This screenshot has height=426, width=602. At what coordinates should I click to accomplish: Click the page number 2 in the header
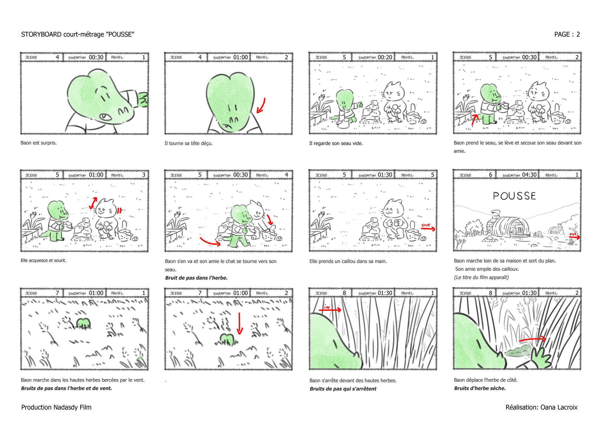[578, 35]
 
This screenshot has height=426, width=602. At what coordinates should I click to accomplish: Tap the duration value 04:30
[529, 175]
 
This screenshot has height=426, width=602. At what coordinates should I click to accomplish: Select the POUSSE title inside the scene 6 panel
[514, 196]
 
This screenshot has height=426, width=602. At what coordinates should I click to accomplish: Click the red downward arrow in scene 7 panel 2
[240, 323]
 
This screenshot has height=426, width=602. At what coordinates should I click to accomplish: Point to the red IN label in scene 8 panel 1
[327, 307]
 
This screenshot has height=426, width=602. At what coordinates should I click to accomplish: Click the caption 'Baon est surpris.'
[39, 143]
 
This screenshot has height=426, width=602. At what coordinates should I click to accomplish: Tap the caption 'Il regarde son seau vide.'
[336, 143]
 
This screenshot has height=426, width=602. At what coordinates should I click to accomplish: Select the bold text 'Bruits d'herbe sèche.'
[480, 388]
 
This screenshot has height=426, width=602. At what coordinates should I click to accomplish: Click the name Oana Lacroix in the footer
[559, 407]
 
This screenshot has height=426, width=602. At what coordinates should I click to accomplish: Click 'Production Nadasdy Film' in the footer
[56, 407]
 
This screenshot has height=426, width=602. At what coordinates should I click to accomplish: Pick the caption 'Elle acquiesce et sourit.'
[43, 260]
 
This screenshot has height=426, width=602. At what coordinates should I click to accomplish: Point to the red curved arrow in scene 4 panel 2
[261, 105]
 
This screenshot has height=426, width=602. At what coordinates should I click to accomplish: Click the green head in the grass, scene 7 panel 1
[83, 323]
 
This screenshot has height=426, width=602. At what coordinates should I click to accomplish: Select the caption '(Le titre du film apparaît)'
[481, 277]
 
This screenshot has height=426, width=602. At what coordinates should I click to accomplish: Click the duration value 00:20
[385, 57]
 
